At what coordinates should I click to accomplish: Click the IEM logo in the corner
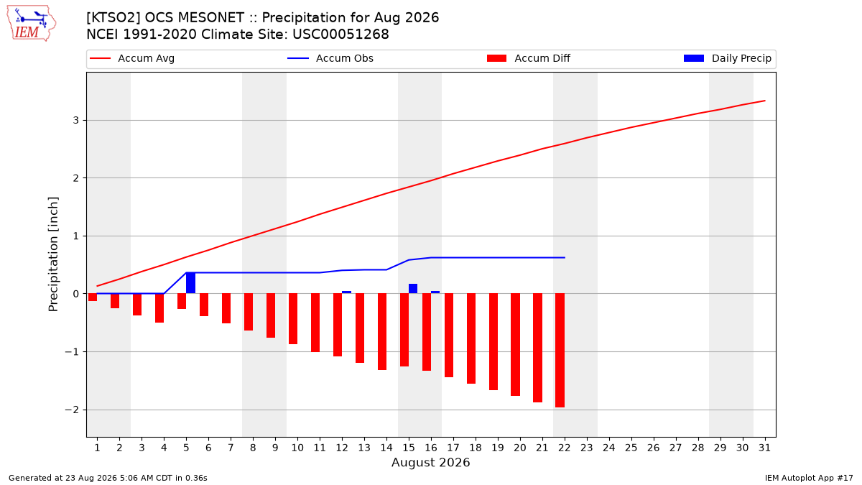click(x=31, y=23)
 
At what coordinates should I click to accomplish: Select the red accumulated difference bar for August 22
click(x=560, y=351)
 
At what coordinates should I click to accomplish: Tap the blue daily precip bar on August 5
click(x=190, y=283)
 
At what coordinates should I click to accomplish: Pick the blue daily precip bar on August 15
click(x=413, y=289)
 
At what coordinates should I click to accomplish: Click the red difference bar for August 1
click(x=93, y=297)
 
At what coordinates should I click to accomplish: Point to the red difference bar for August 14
click(x=382, y=332)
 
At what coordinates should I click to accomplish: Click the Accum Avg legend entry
click(x=132, y=58)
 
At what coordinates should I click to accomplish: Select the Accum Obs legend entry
click(x=330, y=58)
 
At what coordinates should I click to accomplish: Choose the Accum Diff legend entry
click(x=529, y=58)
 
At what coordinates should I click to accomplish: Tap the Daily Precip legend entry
click(x=727, y=58)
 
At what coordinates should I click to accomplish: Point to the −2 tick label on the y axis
click(x=72, y=410)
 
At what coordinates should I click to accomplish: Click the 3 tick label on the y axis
click(x=76, y=121)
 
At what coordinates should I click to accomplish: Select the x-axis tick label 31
click(x=764, y=448)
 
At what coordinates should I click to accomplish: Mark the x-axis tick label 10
click(x=297, y=448)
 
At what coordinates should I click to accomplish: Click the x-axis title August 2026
click(x=430, y=462)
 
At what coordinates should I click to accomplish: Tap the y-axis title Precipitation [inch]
click(x=53, y=254)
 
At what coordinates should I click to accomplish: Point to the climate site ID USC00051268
click(x=340, y=34)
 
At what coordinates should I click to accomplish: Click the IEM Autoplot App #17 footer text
click(x=809, y=478)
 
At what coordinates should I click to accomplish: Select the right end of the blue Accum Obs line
click(x=565, y=257)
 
